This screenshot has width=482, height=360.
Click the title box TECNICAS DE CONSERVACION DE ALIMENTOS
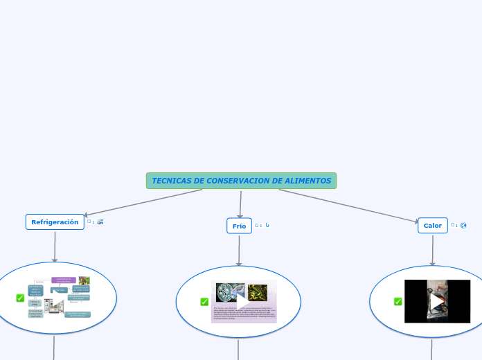coord(241,181)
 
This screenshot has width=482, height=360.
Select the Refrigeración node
coord(55,222)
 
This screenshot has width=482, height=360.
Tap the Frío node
coord(239,226)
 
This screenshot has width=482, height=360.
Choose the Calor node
coord(433,226)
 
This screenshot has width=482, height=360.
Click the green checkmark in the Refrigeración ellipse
coord(20,298)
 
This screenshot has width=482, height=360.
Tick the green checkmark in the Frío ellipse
coord(204,302)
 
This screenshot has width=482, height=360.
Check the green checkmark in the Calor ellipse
coord(398,302)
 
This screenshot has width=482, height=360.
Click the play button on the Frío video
coord(243,302)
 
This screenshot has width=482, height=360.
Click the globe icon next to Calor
coord(463,225)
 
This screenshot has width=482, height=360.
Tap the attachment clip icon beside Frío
coord(267,225)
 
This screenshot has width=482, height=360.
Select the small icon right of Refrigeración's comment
coord(100,222)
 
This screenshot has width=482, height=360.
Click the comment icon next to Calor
coord(453,225)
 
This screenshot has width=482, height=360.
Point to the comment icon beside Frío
coord(257,226)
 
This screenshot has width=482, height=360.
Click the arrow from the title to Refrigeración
coord(142,203)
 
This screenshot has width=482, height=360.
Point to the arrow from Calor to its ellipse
coord(433,250)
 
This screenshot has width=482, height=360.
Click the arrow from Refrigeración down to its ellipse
coord(55,246)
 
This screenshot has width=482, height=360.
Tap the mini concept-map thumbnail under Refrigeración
coord(60,298)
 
